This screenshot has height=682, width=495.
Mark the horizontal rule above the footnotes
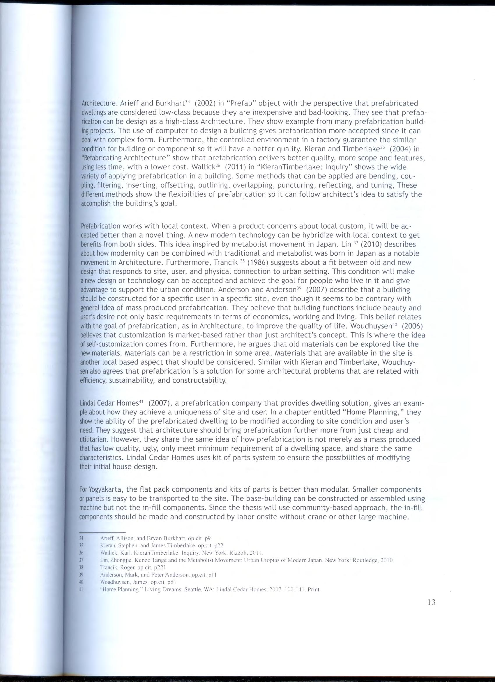coord(102,532)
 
